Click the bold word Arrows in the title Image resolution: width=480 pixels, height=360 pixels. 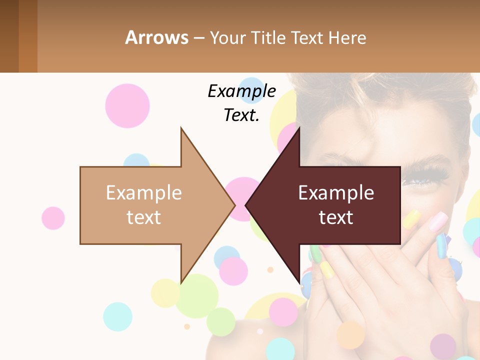(x=156, y=37)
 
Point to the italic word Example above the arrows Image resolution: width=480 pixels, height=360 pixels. (x=241, y=91)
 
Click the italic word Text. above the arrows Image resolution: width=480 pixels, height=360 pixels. (x=241, y=115)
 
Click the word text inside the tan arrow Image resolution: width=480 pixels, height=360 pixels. (x=143, y=217)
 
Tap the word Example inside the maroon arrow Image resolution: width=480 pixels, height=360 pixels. (x=336, y=193)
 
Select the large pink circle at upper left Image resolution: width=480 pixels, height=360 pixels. (x=127, y=105)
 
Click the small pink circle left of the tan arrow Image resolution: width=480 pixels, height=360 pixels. (x=53, y=218)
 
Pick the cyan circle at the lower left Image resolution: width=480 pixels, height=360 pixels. (x=117, y=316)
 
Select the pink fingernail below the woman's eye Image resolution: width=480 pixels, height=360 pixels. (x=438, y=220)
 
